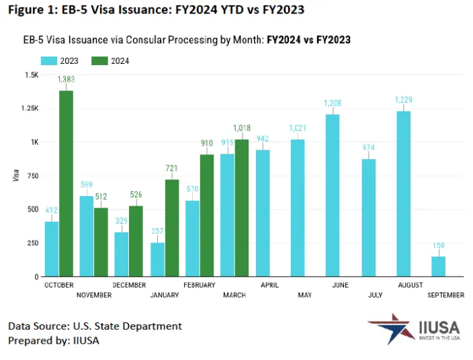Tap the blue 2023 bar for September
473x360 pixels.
pyautogui.click(x=437, y=266)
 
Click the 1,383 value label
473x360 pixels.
pyautogui.click(x=66, y=79)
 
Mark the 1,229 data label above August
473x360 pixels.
pyautogui.click(x=403, y=100)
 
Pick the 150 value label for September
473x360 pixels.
pyautogui.click(x=437, y=245)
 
